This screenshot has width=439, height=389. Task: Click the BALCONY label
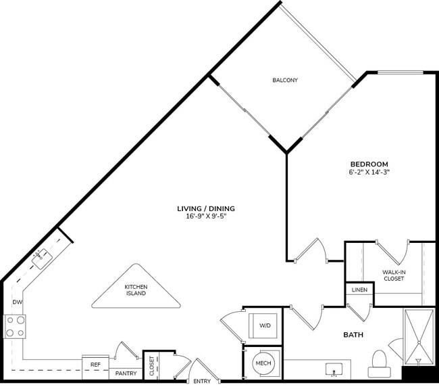click(285, 81)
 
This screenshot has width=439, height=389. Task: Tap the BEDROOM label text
click(368, 164)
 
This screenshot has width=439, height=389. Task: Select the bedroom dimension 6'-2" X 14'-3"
click(368, 173)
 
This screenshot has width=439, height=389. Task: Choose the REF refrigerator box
click(95, 363)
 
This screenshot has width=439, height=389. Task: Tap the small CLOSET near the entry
click(151, 365)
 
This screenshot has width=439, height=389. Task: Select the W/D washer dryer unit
click(263, 325)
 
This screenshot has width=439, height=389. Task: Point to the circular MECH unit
click(263, 363)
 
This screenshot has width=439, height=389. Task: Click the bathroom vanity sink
click(334, 371)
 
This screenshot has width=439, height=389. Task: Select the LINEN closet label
click(359, 290)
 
